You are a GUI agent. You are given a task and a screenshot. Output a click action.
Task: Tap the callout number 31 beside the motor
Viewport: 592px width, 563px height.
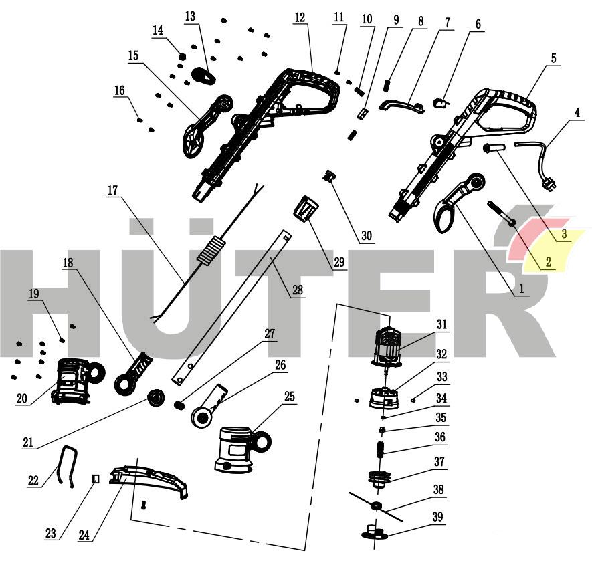click(441, 324)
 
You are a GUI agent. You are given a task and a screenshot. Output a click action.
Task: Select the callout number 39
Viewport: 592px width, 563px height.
click(438, 517)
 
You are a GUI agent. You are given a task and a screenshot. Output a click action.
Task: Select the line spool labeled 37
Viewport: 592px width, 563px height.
click(379, 477)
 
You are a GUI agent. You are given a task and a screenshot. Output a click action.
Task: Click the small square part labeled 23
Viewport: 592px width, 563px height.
click(96, 479)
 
